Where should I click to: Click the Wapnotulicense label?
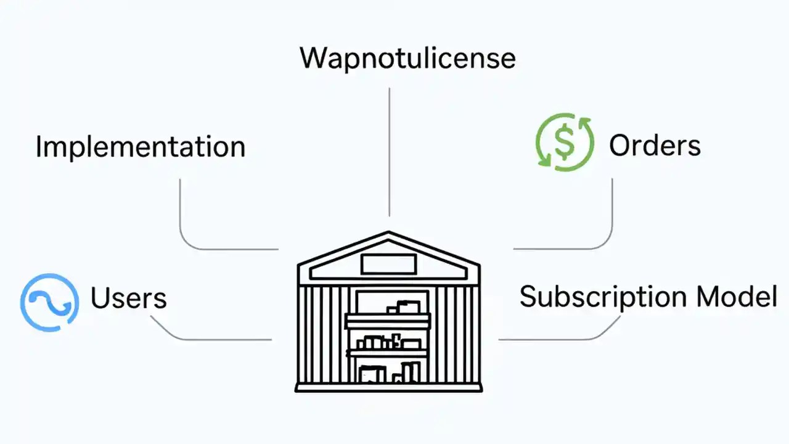tap(407, 58)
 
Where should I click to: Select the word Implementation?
tap(141, 147)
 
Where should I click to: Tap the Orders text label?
tap(655, 146)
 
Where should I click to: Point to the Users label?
tap(128, 298)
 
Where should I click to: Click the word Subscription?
tap(602, 297)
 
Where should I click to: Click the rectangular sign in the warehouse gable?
tap(388, 264)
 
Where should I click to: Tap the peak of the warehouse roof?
tap(388, 234)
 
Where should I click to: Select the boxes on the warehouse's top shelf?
tap(404, 306)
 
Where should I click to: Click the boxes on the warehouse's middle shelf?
tap(388, 342)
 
